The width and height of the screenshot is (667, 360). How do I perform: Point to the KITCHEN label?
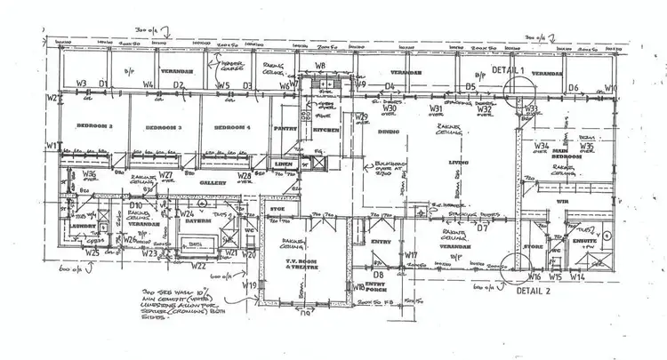pyautogui.click(x=321, y=131)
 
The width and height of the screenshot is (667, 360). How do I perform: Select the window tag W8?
pyautogui.click(x=320, y=67)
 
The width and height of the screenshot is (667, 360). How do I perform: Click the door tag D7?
pyautogui.click(x=484, y=228)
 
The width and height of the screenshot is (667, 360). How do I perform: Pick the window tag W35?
pyautogui.click(x=586, y=146)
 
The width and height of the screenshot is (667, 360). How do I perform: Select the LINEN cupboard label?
pyautogui.click(x=284, y=165)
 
